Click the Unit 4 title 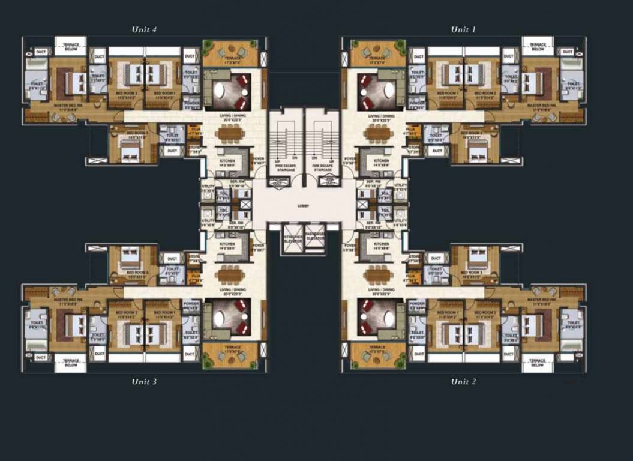pos(145,29)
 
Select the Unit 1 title pos(464,29)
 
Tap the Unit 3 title pos(145,381)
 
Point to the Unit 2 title pos(464,381)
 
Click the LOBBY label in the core pos(304,205)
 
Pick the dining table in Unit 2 pos(377,275)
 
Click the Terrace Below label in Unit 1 pos(537,46)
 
